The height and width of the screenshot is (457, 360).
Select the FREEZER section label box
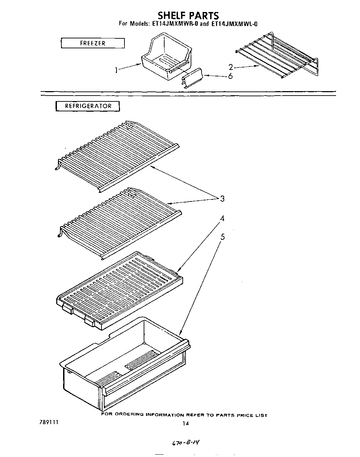point(93,43)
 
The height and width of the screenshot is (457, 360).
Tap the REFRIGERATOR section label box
point(88,106)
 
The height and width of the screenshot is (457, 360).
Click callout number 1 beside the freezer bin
point(117,70)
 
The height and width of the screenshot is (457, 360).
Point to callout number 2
point(231,67)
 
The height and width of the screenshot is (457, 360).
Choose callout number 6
point(230,76)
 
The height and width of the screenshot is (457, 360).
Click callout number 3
point(222,198)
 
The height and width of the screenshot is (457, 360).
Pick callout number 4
point(222,218)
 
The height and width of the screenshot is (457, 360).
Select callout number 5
point(223,236)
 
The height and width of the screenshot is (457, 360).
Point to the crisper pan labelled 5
point(125,363)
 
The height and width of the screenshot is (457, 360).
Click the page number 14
point(185,423)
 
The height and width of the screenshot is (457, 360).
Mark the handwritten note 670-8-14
point(185,443)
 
